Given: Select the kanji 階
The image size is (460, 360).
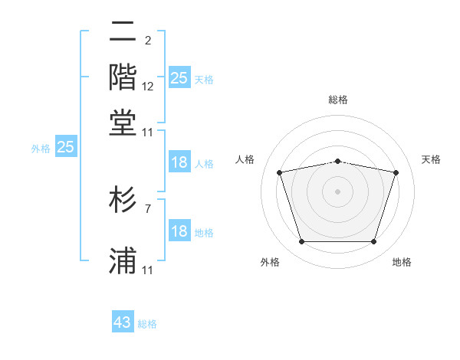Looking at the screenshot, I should click(x=123, y=77).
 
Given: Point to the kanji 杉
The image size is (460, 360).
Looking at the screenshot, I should click(x=123, y=200).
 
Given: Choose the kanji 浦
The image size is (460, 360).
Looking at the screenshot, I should click(x=123, y=261).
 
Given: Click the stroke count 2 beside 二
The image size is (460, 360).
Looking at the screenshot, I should click(x=147, y=41).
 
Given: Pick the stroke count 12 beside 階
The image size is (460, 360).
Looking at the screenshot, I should click(x=148, y=87).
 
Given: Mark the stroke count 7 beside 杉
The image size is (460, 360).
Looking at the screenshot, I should click(x=147, y=208).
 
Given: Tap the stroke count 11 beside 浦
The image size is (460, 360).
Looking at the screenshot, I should click(x=148, y=270).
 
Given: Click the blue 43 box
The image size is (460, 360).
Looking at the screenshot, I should click(x=123, y=322).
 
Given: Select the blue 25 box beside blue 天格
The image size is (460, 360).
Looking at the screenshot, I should click(x=179, y=78).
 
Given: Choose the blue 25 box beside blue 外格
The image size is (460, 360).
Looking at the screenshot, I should click(x=65, y=147).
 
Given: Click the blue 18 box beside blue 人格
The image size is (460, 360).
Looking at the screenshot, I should click(x=179, y=162).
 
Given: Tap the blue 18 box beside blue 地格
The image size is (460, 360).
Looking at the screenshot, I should click(x=179, y=231).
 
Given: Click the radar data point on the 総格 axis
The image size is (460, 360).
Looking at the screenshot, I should click(x=337, y=161).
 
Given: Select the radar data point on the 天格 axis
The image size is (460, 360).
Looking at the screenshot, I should click(x=396, y=172).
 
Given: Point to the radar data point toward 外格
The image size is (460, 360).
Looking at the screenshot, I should click(x=301, y=242).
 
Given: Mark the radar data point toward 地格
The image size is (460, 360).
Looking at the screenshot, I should click(x=374, y=242).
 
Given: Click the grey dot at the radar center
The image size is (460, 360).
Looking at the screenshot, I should click(x=337, y=191).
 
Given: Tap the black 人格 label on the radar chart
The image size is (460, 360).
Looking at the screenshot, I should click(x=245, y=159).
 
